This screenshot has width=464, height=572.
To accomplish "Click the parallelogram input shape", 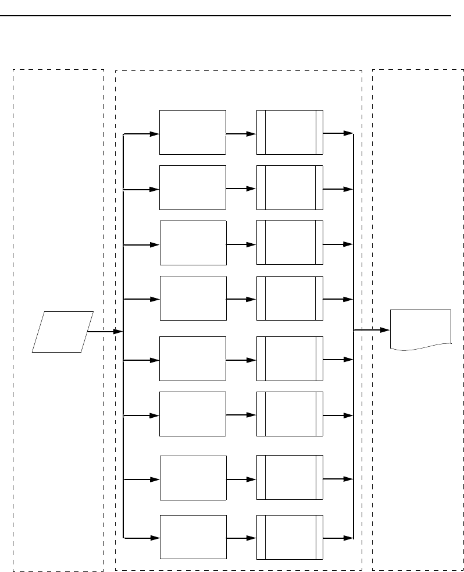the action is tap(62, 332).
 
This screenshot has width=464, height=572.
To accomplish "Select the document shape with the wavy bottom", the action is tap(420, 329).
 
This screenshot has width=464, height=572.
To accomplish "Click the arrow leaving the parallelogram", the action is tap(105, 332).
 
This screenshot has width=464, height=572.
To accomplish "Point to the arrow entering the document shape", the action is tap(372, 330).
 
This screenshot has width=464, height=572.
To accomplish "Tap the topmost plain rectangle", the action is tap(192, 132).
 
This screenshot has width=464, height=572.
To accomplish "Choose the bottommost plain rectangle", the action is tap(193, 537).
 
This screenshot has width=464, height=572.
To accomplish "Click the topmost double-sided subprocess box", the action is tap(290, 132).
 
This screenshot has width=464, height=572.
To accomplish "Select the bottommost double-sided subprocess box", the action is tap(290, 537).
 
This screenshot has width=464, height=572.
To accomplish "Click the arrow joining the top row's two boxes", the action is tap(241, 134).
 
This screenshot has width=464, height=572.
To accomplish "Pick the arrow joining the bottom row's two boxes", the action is tap(241, 539).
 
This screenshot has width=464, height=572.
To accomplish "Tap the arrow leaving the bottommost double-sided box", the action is tap(338, 538).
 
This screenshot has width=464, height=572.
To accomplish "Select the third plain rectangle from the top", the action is tap(193, 243).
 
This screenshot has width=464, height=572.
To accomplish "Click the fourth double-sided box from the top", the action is tap(290, 298).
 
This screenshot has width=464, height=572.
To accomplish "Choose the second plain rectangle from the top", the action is tap(192, 187).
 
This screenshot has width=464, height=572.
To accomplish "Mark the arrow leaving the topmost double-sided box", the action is tap(338, 133).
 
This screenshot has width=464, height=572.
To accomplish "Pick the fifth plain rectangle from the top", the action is tap(192, 358).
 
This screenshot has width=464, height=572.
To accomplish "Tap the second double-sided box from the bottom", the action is tap(290, 478).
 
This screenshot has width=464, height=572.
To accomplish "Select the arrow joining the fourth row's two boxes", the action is tap(241, 300).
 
